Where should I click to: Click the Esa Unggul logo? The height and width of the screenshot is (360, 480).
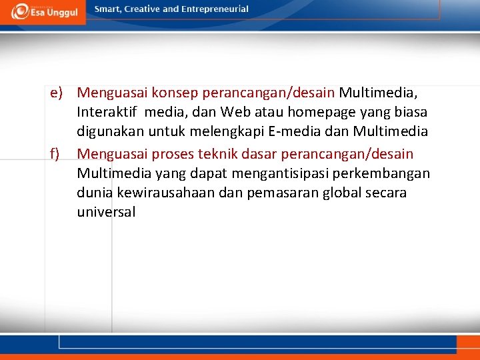[x=43, y=11]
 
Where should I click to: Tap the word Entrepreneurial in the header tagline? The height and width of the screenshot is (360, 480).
[x=214, y=9]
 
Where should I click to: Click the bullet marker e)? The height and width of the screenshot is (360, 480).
[x=56, y=91]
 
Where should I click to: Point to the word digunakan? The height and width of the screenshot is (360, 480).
[x=108, y=132]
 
